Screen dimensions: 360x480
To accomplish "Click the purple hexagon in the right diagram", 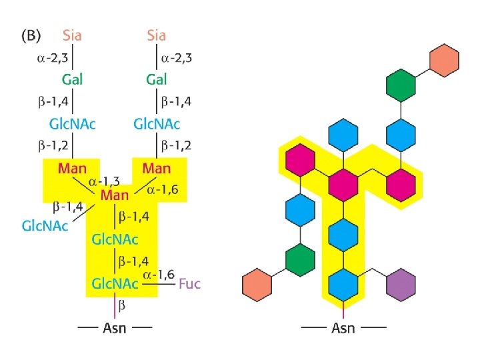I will (401, 285).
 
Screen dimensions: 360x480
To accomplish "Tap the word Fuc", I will (189, 284).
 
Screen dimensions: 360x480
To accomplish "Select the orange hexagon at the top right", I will (445, 61).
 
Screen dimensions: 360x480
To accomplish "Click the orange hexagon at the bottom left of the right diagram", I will (257, 285).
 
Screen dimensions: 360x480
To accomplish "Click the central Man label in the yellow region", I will (115, 195).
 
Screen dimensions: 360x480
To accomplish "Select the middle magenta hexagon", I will (343, 181).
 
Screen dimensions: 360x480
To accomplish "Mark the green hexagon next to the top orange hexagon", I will (401, 85).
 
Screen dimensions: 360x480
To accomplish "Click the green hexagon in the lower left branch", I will (300, 259).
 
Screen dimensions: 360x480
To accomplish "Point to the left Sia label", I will (73, 34).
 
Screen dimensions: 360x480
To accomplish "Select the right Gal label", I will (156, 79).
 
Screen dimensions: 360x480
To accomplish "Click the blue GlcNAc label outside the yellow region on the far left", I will (45, 225).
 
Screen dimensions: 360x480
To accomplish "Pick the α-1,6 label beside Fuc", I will (158, 273).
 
